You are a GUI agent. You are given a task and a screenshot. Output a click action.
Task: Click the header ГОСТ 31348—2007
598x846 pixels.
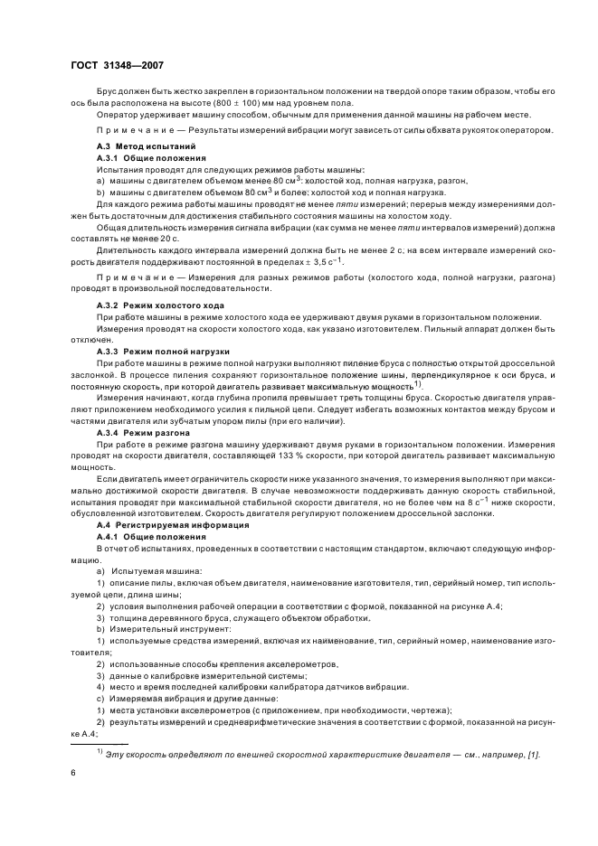(117, 64)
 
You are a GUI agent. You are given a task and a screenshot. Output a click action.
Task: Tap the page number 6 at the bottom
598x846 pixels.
(73, 775)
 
